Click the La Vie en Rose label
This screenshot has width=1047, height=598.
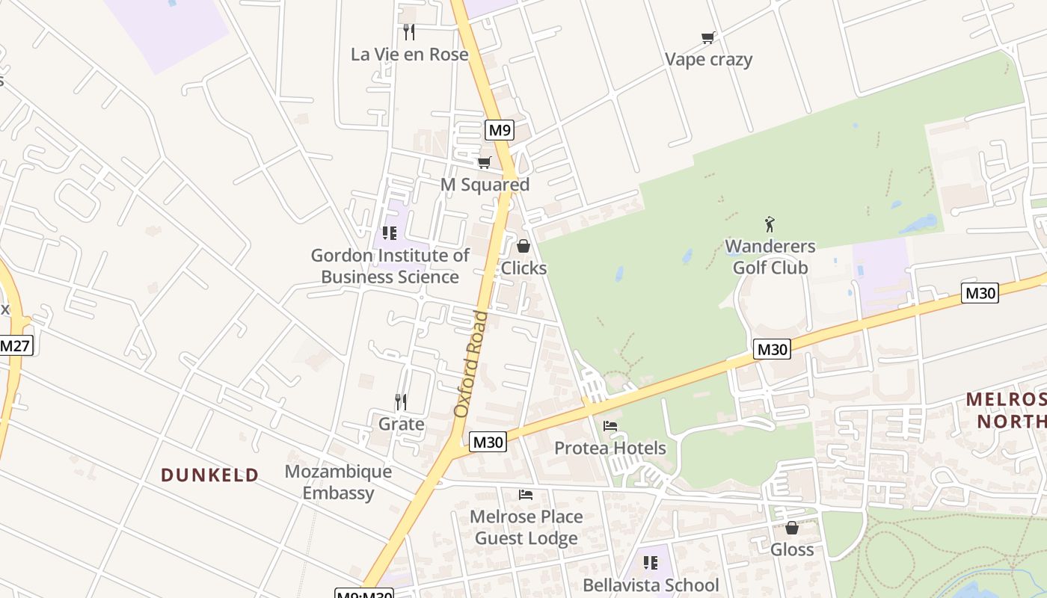(410, 55)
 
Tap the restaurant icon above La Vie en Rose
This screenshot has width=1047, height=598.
(409, 32)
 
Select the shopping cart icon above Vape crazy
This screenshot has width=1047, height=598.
(707, 37)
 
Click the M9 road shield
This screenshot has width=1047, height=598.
(499, 130)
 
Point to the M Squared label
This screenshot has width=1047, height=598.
(485, 185)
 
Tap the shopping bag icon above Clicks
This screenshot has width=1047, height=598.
(523, 246)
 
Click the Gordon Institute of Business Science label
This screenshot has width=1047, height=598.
(390, 266)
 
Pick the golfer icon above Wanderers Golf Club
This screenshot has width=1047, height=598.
(770, 224)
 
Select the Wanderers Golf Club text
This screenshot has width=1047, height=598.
(770, 256)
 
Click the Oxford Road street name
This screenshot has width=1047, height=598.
(471, 364)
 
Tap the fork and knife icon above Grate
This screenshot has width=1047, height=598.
(401, 402)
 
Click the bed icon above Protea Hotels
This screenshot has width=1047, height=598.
(610, 426)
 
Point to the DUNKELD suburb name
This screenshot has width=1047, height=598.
(210, 475)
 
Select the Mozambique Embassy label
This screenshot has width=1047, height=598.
(338, 482)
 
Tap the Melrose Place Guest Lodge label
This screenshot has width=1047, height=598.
(526, 527)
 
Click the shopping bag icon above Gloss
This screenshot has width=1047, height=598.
(792, 528)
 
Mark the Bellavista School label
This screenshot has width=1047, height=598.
(651, 585)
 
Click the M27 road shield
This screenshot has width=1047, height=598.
(16, 345)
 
